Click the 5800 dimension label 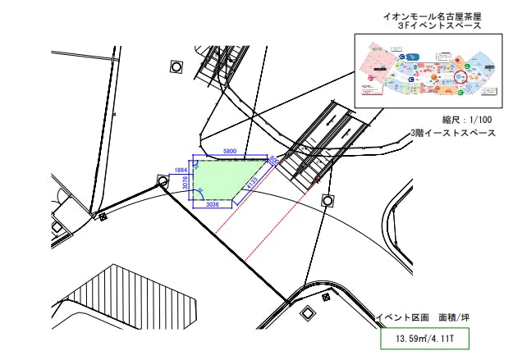(231, 152)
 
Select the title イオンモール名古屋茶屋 (433, 16)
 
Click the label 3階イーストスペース (453, 133)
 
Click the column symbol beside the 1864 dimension (163, 180)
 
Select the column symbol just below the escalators (328, 200)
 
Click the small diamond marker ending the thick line (103, 217)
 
